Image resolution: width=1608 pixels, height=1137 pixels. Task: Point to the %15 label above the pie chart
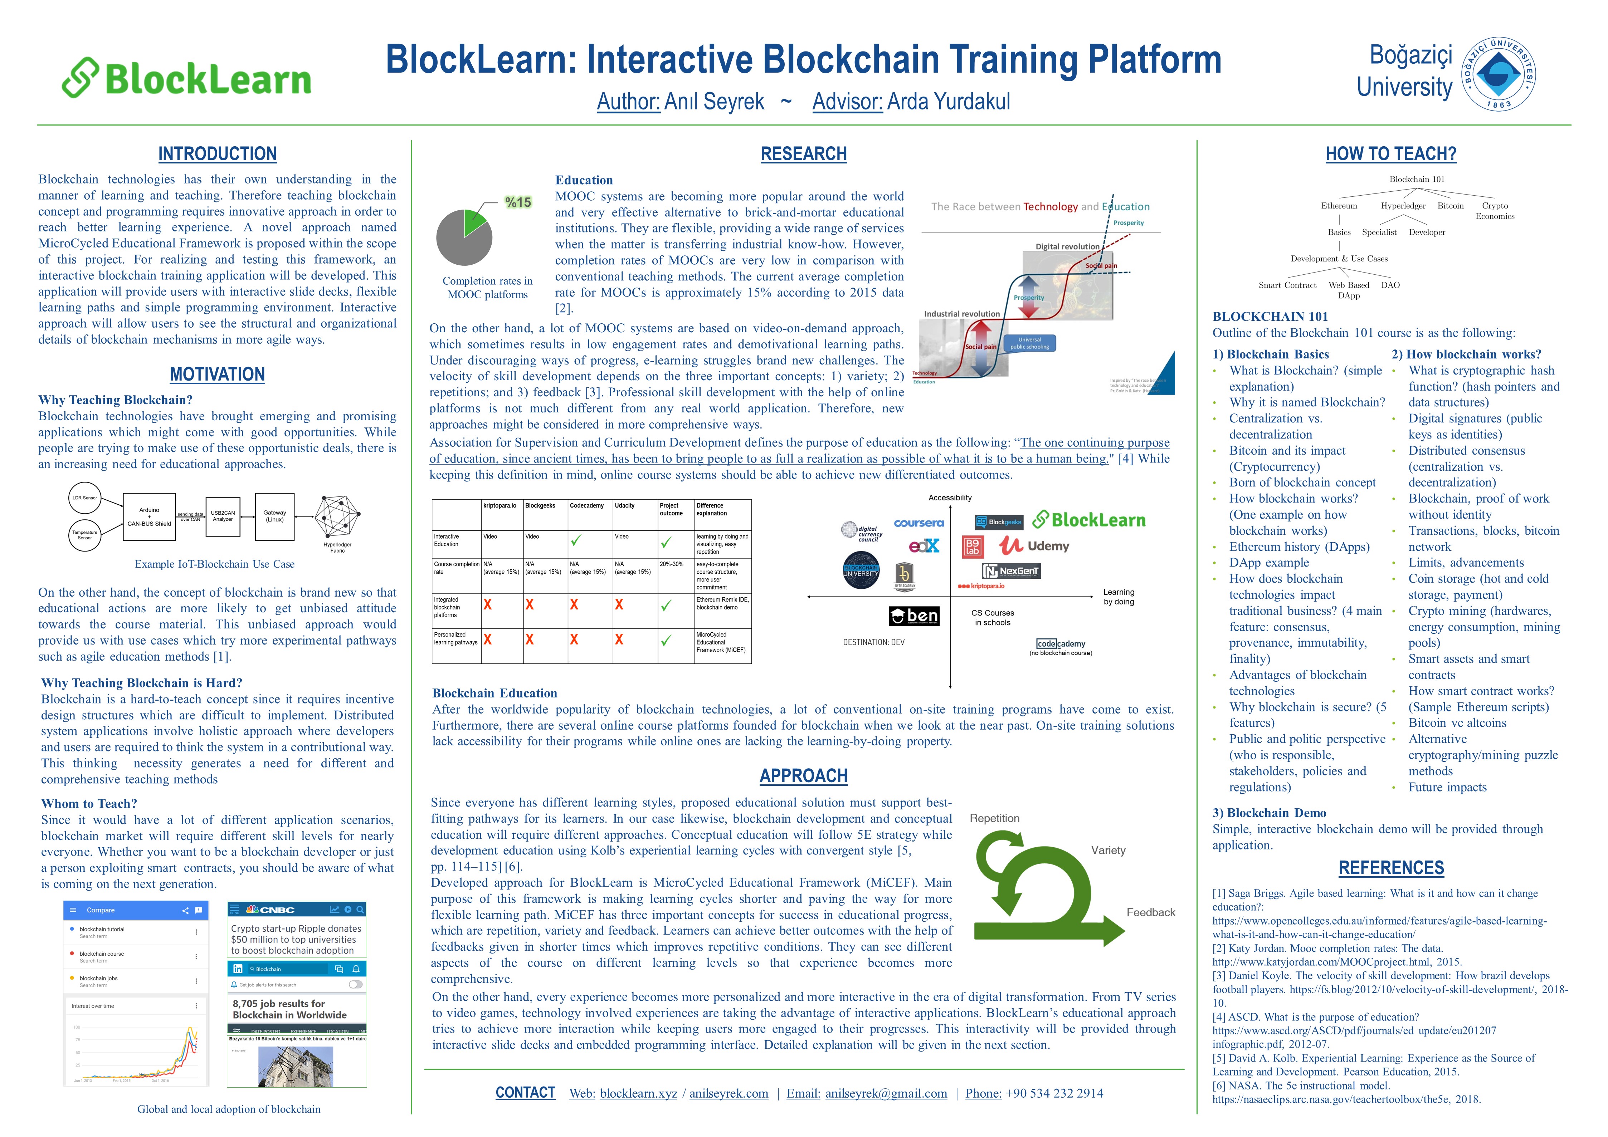[x=518, y=202]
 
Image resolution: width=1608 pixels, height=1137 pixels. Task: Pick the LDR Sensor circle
[x=85, y=498]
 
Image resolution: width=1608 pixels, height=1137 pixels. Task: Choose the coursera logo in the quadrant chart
[x=919, y=523]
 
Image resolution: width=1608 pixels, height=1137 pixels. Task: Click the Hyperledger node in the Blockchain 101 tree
[x=1403, y=206]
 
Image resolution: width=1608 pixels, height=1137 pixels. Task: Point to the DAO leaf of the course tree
[x=1390, y=285]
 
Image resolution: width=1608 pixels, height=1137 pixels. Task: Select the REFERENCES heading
[x=1391, y=868]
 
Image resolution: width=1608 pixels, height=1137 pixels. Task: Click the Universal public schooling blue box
[x=1029, y=343]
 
